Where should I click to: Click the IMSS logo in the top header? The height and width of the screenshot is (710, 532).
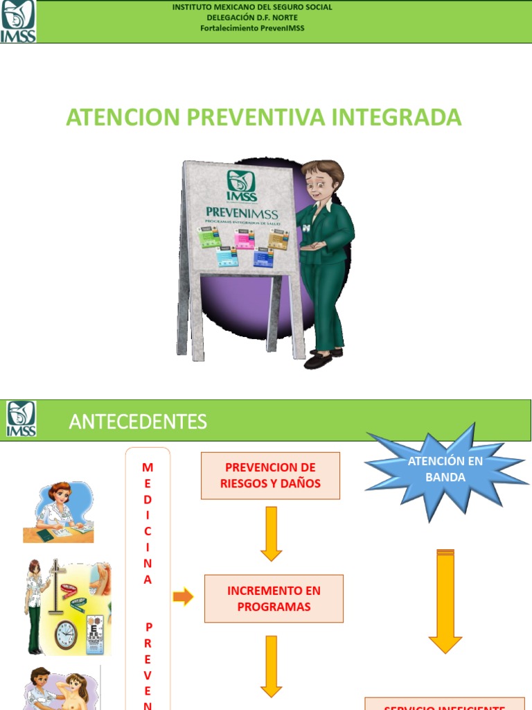pos(18,21)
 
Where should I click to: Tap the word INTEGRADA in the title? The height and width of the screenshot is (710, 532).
pos(396,116)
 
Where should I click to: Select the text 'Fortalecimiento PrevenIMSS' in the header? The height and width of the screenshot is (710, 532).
pos(252,28)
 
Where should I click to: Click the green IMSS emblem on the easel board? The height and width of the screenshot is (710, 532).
pos(240,186)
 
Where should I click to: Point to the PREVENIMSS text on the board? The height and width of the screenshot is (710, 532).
pos(242,213)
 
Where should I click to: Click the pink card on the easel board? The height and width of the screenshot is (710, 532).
pos(244,238)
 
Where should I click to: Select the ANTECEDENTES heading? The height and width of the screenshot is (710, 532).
pos(138,421)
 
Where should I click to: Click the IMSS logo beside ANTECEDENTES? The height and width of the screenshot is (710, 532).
pos(21,419)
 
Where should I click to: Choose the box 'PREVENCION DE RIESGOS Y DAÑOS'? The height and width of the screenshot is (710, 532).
pos(270,476)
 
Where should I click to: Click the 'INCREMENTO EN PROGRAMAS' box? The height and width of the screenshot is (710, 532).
pos(274,598)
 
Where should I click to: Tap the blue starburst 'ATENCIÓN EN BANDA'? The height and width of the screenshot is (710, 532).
pos(445,469)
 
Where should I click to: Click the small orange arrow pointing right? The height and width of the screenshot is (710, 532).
pos(183,596)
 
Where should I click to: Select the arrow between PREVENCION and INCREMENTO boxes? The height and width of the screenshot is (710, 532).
pos(271,533)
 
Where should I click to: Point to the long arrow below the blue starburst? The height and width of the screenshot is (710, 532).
pos(445,600)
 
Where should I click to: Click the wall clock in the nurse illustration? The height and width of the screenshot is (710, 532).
pos(66,634)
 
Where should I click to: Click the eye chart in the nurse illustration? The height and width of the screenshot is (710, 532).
pos(95,634)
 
